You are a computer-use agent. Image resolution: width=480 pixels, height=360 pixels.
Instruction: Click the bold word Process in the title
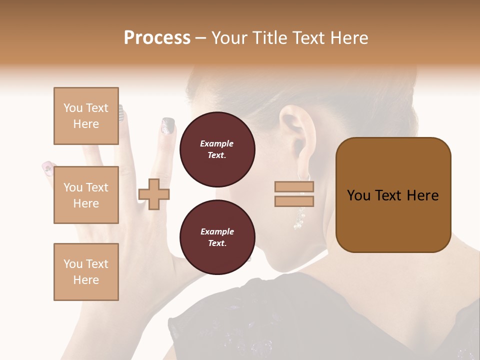click(157, 38)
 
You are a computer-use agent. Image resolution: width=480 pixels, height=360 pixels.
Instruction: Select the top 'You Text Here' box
click(86, 116)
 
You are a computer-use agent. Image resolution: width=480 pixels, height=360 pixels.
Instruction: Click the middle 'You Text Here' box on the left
click(86, 195)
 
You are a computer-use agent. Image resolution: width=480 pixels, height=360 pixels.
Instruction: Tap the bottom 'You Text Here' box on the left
click(86, 271)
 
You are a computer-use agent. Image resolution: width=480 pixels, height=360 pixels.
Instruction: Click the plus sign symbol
click(154, 194)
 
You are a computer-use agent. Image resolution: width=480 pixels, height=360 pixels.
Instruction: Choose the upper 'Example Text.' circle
click(217, 149)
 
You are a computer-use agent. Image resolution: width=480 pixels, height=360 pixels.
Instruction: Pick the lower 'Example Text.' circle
click(217, 237)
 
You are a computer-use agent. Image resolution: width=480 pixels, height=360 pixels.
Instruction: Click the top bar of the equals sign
click(294, 187)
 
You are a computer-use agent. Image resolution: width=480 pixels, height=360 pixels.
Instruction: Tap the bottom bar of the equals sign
click(294, 201)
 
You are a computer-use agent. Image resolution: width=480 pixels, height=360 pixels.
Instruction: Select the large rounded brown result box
click(393, 195)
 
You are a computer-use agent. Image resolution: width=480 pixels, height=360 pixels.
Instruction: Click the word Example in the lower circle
click(217, 231)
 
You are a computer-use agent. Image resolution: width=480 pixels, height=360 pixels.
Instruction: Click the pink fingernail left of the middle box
click(48, 167)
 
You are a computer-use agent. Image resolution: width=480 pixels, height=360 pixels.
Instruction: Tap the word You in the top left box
click(73, 108)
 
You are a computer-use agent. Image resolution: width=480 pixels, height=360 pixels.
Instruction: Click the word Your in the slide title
click(231, 38)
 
